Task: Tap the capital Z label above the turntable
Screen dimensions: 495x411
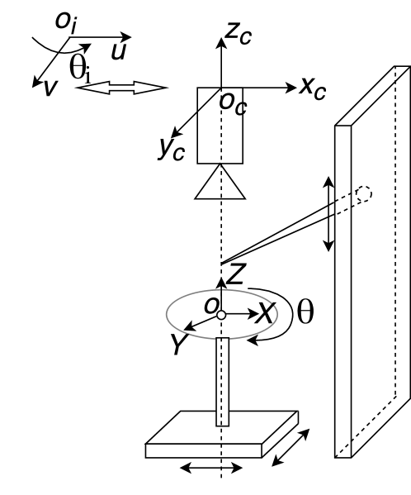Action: pos(237,276)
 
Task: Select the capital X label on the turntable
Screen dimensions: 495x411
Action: pos(266,312)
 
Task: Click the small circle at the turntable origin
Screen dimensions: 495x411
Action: pos(221,315)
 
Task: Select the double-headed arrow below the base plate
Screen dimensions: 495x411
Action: pos(212,469)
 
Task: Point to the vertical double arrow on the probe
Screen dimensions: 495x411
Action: pos(328,213)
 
